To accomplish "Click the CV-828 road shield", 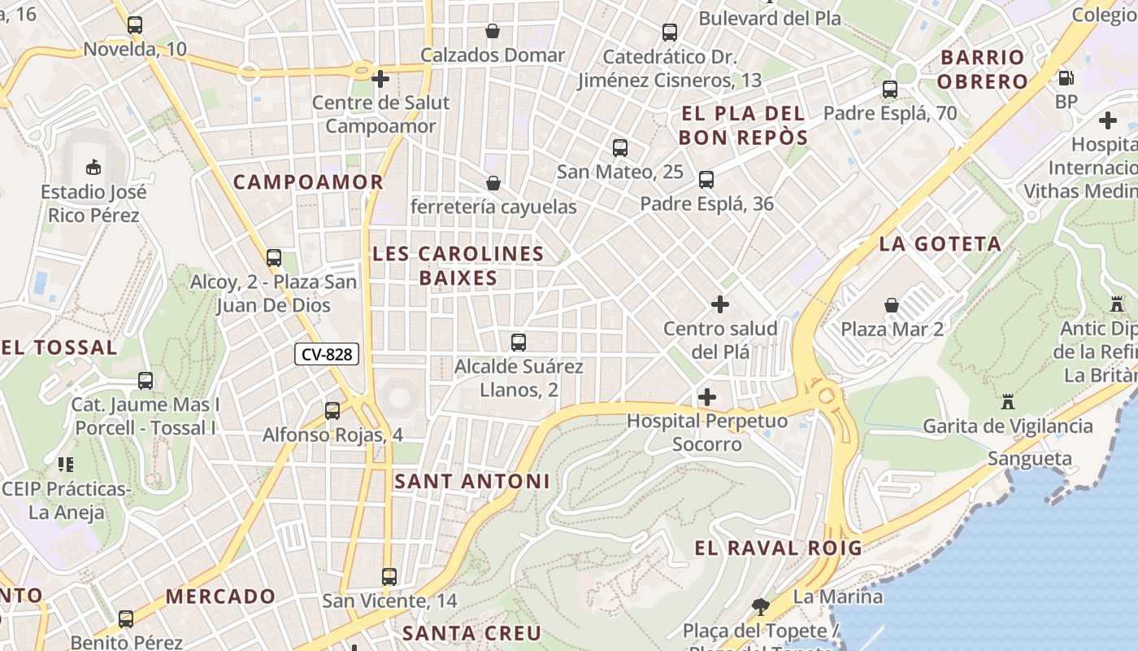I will (x=327, y=354).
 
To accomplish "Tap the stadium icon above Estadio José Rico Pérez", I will (x=93, y=167).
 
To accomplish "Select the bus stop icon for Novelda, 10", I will (x=135, y=25).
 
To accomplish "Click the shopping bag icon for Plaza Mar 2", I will (x=892, y=305).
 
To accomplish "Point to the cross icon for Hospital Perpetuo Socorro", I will (x=707, y=397).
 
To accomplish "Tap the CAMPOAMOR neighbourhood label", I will (x=308, y=182).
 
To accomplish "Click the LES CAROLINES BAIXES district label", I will (x=458, y=266).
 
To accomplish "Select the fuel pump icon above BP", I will (x=1066, y=78).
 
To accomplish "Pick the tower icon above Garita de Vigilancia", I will (x=1008, y=401).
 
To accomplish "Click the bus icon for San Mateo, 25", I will (x=620, y=148).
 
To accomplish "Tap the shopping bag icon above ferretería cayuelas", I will (x=493, y=182).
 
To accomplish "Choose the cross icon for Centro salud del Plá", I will (x=720, y=304).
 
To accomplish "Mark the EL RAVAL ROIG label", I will (x=778, y=548).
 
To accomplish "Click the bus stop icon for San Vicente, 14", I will (x=389, y=577).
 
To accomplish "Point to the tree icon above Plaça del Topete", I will (x=761, y=606).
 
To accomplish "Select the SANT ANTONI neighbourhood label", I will (x=472, y=482).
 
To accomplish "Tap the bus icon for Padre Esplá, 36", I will (x=706, y=180).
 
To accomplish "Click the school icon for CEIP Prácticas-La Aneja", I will (x=66, y=465).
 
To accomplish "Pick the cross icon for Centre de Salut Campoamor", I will (x=380, y=79).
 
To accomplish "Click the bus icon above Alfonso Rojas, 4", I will (x=332, y=411).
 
